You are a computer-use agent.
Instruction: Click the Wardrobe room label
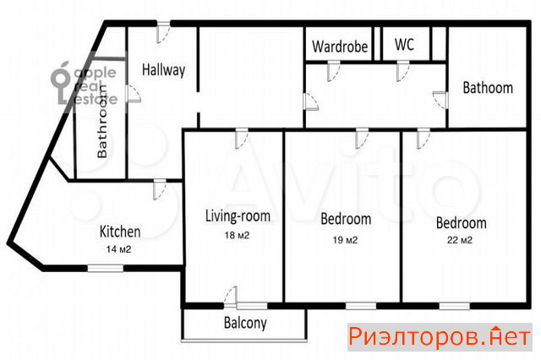coord(340,46)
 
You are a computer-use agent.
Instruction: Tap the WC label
coord(404,45)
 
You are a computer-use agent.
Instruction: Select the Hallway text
coord(163,70)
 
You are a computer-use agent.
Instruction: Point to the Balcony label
coord(245,323)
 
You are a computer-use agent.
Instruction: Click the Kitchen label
coord(120,232)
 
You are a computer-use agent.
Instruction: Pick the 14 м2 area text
coord(118,249)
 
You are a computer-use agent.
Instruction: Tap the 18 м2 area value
coord(237,236)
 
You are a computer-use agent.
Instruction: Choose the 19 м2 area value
coord(345,240)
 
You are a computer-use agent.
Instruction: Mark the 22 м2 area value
coord(460,240)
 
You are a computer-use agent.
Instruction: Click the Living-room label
coord(238,216)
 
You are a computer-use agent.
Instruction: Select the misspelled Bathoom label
coord(488,88)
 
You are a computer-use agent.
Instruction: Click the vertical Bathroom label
coord(102,122)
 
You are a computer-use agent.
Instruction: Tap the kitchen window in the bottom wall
coord(105,268)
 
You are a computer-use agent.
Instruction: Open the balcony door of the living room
coord(231,297)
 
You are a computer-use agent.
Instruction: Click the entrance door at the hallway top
coord(163,32)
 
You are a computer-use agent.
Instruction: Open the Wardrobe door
coord(334,71)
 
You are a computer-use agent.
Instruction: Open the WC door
coord(402,71)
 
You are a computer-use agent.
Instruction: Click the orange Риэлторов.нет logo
coord(440,337)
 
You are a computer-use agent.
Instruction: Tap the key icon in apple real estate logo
coord(61,83)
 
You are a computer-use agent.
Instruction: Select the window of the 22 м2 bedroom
coord(455,306)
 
